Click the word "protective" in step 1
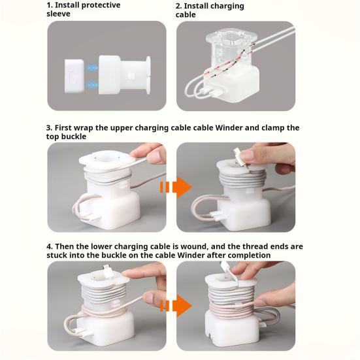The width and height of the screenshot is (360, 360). [101, 5]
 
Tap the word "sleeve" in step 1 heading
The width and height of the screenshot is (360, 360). [58, 14]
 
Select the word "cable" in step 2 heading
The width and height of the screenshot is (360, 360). [186, 14]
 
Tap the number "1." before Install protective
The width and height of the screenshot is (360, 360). [50, 5]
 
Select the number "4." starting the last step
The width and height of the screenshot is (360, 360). [50, 246]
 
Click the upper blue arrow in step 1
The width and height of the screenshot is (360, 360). [92, 68]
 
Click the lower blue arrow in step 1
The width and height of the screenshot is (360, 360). [92, 85]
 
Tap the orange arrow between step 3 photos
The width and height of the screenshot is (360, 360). [176, 187]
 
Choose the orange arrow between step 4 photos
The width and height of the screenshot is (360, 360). [176, 306]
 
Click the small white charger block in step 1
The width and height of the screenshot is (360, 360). [74, 76]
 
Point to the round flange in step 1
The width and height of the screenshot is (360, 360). [148, 75]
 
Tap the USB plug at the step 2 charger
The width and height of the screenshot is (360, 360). [214, 93]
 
